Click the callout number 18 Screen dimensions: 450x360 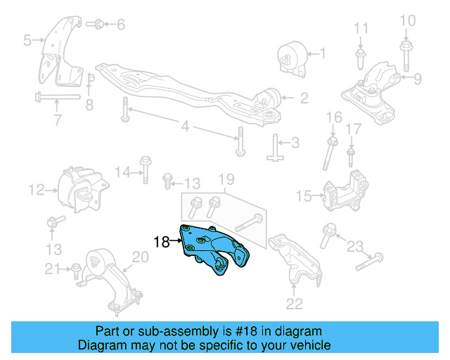pos(161,243)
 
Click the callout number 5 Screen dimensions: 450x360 pos(27,41)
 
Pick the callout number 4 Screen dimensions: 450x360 pos(185,127)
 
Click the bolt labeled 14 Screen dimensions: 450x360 pos(146,168)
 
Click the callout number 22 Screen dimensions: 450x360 pos(295,304)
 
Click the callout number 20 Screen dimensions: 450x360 pos(141,257)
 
